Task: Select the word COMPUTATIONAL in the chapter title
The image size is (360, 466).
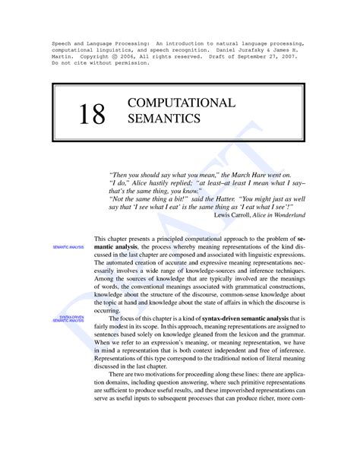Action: click(x=170, y=103)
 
